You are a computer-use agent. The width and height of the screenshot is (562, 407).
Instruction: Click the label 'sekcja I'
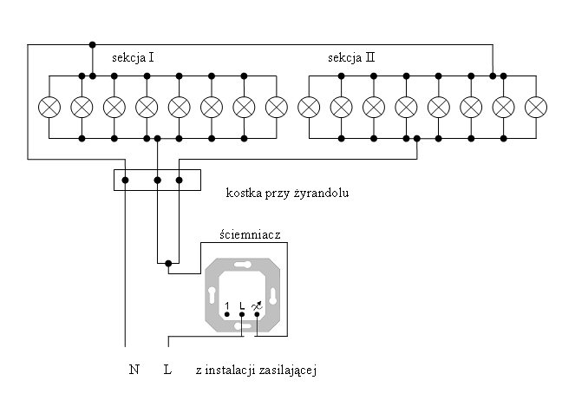[x=133, y=58]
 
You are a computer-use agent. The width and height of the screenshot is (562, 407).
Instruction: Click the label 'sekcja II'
[x=351, y=58]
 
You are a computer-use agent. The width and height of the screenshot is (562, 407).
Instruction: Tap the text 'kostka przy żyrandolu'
[x=287, y=194]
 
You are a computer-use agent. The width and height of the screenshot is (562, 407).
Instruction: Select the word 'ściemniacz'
[x=250, y=235]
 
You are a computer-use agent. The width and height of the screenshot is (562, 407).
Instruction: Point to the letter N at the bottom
[x=134, y=370]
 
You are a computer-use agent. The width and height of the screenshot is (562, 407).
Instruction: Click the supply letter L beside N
[x=167, y=370]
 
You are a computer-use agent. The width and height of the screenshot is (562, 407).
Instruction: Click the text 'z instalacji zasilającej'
[x=256, y=370]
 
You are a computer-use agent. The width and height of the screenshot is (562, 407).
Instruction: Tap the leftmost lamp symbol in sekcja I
[x=49, y=108]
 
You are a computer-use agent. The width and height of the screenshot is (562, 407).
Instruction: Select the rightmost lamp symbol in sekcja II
[x=536, y=108]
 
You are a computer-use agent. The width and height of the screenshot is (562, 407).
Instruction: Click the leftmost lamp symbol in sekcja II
[x=309, y=108]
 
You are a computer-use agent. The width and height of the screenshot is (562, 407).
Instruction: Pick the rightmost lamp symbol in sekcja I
[x=277, y=108]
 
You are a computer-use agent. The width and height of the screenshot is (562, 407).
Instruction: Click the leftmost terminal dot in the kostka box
[x=125, y=180]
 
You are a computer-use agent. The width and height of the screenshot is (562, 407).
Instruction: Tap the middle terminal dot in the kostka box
[x=157, y=180]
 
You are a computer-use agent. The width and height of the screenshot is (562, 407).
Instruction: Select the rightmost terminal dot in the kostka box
[x=180, y=180]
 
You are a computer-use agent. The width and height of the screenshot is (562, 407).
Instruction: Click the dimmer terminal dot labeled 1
[x=227, y=314]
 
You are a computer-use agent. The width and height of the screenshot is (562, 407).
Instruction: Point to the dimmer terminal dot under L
[x=242, y=314]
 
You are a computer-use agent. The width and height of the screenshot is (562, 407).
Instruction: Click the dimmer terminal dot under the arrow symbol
[x=257, y=314]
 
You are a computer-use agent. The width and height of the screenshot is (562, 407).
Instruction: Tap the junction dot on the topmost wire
[x=93, y=45]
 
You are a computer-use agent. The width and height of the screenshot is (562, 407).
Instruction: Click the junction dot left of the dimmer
[x=168, y=264]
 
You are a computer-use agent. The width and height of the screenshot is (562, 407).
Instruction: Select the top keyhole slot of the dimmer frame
[x=242, y=266]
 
